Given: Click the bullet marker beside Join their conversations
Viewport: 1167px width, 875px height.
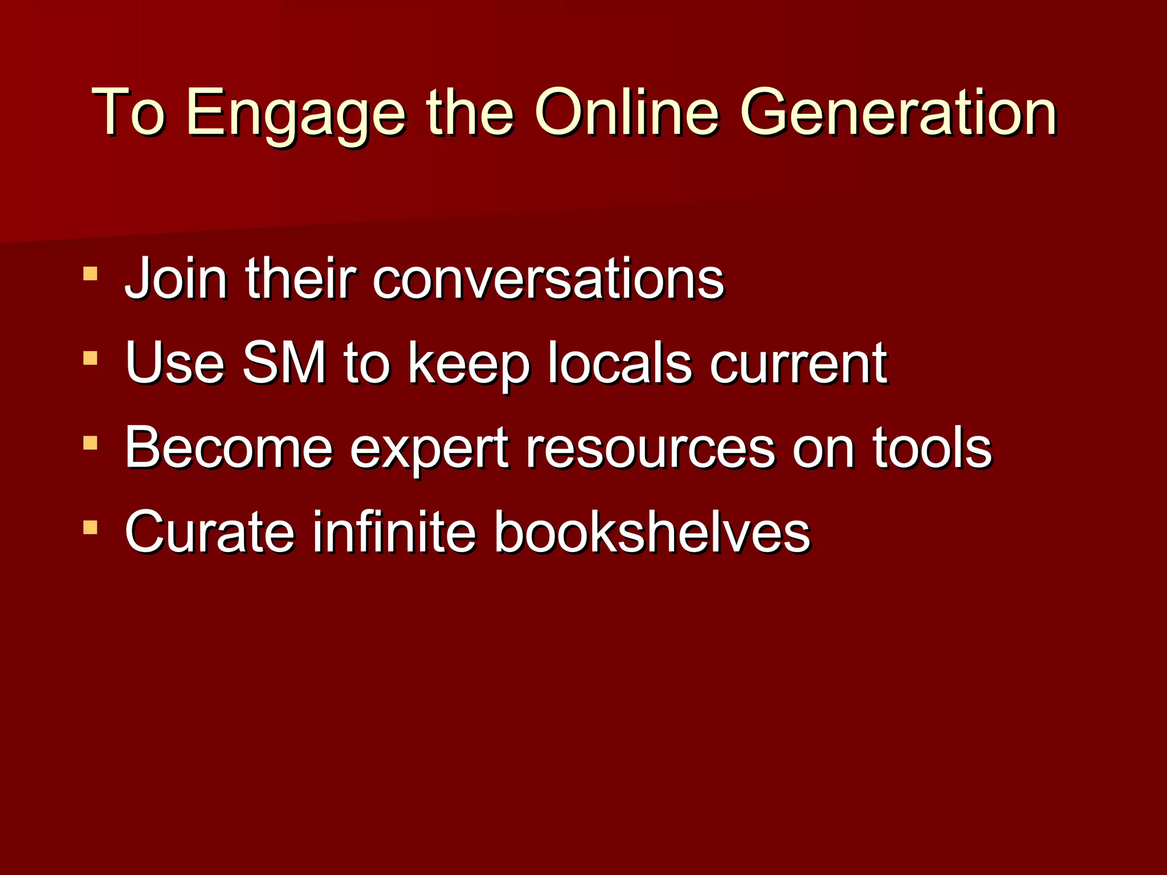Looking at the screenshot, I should point(90,273).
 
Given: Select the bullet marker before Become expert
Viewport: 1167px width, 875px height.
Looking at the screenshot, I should point(90,443).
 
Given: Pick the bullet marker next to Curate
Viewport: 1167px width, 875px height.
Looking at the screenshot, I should point(90,527).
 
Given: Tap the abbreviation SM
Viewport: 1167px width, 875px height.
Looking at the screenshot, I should point(284,363).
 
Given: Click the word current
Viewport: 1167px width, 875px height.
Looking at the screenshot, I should point(798,364).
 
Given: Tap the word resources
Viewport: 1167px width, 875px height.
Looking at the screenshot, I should point(650,449).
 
